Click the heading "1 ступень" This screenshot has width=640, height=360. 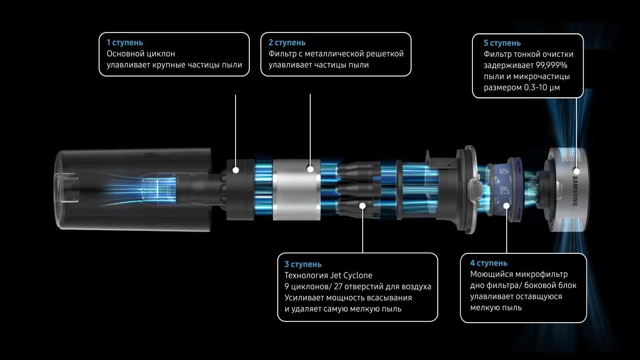click(x=124, y=43)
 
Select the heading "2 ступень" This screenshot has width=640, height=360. click(x=287, y=43)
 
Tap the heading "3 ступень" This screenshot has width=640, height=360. click(x=303, y=264)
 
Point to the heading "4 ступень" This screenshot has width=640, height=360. click(x=489, y=263)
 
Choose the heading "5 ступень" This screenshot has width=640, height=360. click(x=502, y=43)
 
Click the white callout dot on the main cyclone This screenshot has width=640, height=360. click(x=236, y=170)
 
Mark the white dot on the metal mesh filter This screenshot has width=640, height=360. click(x=310, y=169)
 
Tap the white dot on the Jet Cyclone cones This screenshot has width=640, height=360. click(x=363, y=206)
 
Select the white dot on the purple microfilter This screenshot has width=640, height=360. click(x=507, y=206)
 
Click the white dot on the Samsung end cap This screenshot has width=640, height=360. click(x=576, y=172)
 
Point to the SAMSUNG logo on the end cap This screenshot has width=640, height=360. click(x=575, y=191)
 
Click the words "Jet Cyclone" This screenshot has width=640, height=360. click(x=351, y=276)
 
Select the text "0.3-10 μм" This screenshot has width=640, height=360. click(x=542, y=88)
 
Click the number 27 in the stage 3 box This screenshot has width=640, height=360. click(x=338, y=287)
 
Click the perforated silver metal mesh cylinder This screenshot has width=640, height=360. click(x=296, y=190)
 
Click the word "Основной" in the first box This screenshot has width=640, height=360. click(x=123, y=54)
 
